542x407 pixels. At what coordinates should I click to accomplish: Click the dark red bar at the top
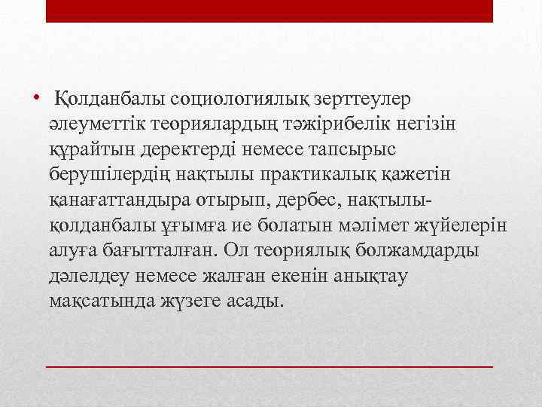tap(269, 11)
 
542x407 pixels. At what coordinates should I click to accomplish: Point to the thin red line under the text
tap(269, 365)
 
